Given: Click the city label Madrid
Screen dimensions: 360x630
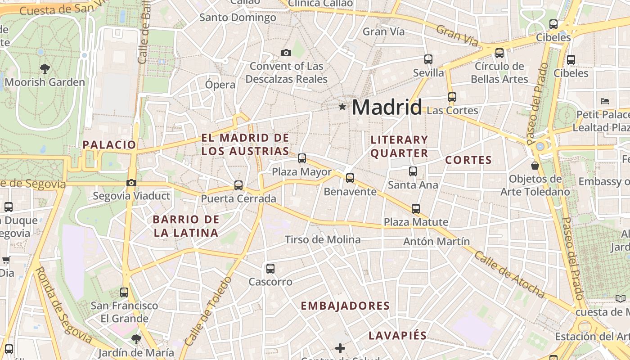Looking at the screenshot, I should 387,107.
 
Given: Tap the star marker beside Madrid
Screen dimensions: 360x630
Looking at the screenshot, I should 342,107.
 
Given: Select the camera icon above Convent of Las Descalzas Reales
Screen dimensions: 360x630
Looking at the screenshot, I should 286,53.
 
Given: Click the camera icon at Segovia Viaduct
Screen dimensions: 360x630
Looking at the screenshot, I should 131,183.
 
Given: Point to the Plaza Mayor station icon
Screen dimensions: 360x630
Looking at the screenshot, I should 302,158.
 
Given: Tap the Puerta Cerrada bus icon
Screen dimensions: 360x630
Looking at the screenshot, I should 238,185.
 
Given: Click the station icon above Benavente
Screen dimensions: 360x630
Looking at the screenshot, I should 350,178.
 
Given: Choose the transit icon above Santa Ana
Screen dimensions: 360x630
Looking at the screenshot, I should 413,171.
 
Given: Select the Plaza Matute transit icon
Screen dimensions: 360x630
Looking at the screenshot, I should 416,208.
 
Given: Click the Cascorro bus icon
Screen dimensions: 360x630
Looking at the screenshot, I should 270,269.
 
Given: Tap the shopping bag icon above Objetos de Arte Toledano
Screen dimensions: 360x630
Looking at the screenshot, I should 535,166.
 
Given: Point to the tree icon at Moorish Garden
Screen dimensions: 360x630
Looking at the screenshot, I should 45,69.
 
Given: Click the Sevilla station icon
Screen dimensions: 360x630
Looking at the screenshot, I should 428,59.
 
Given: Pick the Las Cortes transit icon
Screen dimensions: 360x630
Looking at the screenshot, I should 452,97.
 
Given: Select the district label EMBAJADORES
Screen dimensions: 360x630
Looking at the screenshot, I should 345,306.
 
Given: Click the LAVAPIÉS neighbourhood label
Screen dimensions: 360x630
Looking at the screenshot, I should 397,335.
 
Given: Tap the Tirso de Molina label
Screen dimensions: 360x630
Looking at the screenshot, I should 323,239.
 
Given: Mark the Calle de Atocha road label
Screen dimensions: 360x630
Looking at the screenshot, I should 509,274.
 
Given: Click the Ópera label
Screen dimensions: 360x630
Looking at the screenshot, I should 220,85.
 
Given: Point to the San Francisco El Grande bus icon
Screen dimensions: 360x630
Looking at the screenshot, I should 124,292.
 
